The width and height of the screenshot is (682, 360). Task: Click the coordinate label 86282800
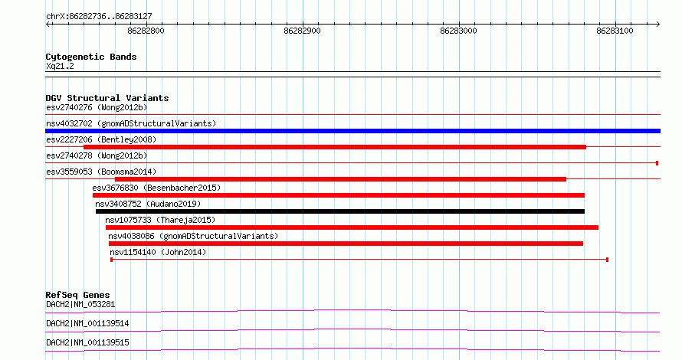click(146, 31)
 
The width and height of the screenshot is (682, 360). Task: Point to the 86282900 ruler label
click(302, 31)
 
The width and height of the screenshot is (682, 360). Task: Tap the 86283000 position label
click(458, 31)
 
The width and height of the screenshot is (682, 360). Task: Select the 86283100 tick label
click(615, 31)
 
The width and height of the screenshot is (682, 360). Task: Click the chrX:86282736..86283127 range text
click(99, 17)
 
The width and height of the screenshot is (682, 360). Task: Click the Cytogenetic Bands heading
click(91, 57)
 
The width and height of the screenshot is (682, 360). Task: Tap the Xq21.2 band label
click(60, 66)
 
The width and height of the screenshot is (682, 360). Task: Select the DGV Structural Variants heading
click(107, 98)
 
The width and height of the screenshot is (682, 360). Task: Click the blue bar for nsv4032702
click(352, 131)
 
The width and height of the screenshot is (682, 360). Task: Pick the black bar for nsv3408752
click(340, 211)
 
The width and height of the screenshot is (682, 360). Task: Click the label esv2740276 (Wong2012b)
click(97, 107)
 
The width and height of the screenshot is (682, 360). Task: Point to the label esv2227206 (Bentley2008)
click(101, 139)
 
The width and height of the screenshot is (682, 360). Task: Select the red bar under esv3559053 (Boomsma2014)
click(340, 179)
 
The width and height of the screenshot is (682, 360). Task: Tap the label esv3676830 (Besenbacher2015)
click(156, 188)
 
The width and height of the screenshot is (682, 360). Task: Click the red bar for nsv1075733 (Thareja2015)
click(352, 227)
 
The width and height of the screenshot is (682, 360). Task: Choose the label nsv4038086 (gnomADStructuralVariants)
click(193, 236)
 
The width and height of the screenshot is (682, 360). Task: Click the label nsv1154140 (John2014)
click(158, 252)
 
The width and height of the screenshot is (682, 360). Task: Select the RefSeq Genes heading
click(77, 295)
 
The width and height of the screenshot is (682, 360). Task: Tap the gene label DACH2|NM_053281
click(80, 304)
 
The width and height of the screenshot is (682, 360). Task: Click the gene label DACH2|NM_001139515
click(87, 342)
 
